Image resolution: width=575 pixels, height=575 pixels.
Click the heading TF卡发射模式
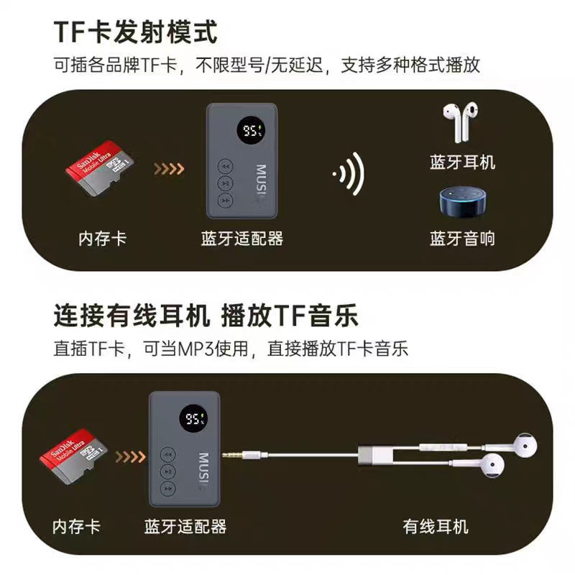coord(135,32)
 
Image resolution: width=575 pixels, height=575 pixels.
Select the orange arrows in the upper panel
coord(169,170)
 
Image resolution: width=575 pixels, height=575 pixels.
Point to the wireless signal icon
coord(348,174)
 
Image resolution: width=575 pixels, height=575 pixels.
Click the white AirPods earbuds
coord(461,122)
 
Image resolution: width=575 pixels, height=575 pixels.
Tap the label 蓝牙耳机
coord(462,162)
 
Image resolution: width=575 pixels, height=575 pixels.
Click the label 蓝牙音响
coord(462,239)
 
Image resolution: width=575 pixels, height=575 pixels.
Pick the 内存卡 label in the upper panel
coord(102,239)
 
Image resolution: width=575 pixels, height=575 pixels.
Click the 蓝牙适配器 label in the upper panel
coord(242,239)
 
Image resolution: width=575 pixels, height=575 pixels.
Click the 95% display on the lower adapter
coord(194,419)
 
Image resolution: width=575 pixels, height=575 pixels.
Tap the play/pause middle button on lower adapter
coord(167,471)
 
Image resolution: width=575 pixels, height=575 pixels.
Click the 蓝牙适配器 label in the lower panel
coord(185,526)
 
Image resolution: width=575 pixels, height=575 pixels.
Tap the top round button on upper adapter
coord(225,166)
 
